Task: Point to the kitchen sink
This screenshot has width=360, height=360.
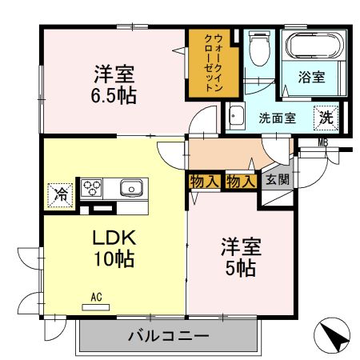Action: click(130, 188)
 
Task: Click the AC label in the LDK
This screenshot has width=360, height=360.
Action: click(96, 298)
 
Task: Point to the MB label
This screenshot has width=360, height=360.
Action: click(323, 143)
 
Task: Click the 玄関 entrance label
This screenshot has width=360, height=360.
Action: click(278, 180)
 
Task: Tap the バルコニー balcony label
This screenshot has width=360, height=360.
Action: click(168, 336)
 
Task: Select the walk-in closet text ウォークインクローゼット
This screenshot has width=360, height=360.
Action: click(214, 62)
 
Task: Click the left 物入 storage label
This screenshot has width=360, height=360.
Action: click(204, 181)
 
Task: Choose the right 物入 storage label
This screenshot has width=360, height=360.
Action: click(241, 181)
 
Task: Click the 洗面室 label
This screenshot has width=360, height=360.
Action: click(277, 118)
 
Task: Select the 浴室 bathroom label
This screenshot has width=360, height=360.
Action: click(311, 78)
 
